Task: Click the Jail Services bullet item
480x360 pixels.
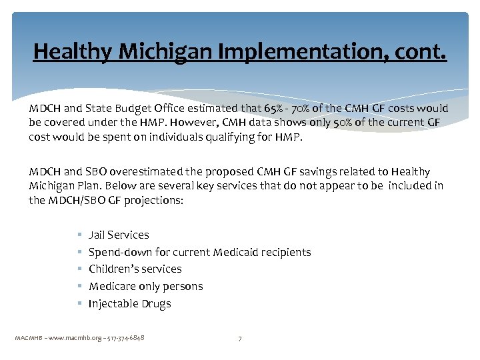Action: pos(119,235)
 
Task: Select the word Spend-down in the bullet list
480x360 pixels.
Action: pos(115,252)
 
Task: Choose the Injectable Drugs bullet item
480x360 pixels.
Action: pos(129,303)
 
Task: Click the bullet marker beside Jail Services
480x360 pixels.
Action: pos(79,235)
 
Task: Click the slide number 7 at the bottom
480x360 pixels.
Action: pos(240,339)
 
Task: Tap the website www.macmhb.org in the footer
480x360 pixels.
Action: pos(74,338)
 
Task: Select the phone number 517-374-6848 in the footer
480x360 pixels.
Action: pos(126,338)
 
